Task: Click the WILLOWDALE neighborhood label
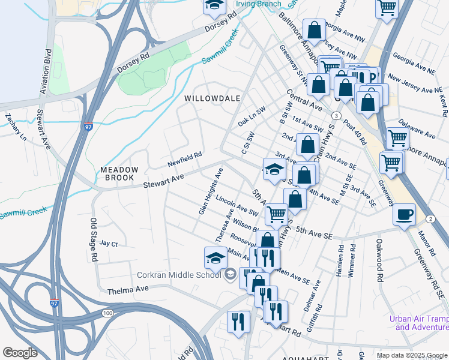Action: tap(212, 98)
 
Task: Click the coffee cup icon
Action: tap(405, 214)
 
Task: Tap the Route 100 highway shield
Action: tap(107, 314)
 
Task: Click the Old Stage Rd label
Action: tap(94, 239)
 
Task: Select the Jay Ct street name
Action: tap(109, 244)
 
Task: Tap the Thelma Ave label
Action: tap(128, 292)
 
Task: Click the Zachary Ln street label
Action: tap(15, 127)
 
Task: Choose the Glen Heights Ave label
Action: tap(211, 191)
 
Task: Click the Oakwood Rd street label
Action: tap(379, 260)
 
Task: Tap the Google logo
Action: tap(20, 353)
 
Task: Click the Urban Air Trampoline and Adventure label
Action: tap(418, 323)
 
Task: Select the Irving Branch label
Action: tap(258, 4)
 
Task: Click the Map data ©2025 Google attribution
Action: tap(411, 355)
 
